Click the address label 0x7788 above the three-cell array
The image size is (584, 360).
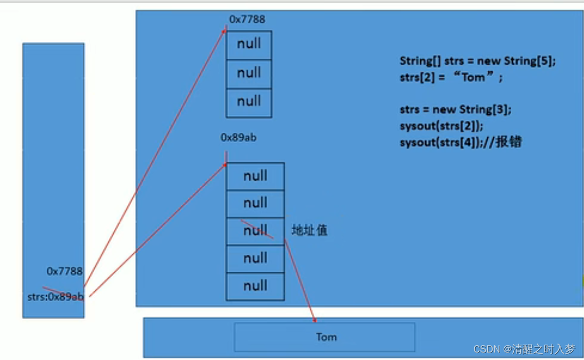point(247,19)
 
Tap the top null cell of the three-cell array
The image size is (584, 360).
point(249,45)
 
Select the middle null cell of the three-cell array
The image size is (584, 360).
point(249,73)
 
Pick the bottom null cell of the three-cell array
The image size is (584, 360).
point(249,102)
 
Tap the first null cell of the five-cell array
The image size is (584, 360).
point(255,176)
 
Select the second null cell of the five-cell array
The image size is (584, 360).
point(255,203)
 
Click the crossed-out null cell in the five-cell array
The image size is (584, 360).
point(255,231)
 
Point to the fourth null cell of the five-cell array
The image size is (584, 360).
point(255,258)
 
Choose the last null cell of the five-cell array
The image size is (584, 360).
point(255,286)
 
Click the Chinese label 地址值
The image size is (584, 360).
point(309,230)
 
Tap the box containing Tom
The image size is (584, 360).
point(325,337)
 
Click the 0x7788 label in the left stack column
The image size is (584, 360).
point(64,271)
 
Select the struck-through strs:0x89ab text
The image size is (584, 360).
point(55,297)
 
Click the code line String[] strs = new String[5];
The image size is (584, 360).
point(477,61)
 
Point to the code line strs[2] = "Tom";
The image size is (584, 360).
point(451,77)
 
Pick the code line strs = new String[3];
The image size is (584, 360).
point(455,110)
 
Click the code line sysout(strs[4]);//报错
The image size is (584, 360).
point(460,143)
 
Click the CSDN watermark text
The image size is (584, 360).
point(523,349)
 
